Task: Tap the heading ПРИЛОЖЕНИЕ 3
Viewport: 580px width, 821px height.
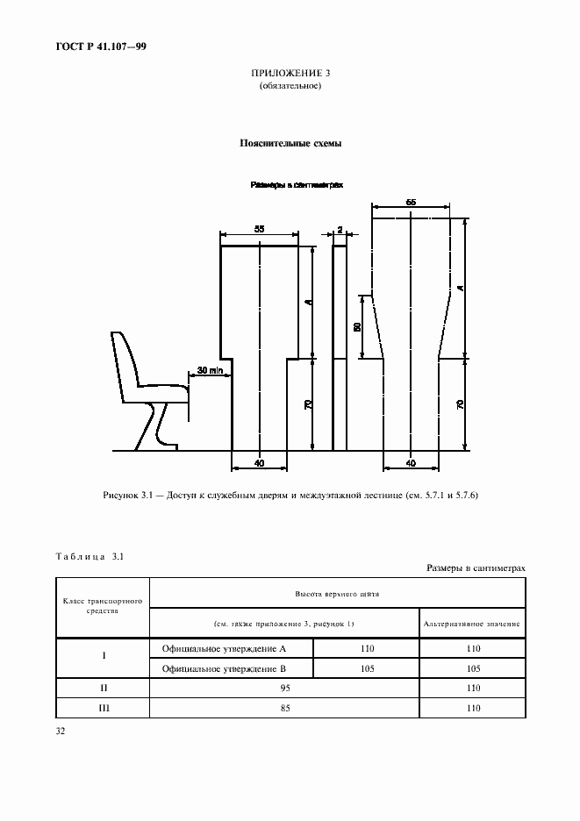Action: [290, 74]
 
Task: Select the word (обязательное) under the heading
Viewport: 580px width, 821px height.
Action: [290, 87]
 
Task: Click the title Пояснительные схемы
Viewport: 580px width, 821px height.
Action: [290, 142]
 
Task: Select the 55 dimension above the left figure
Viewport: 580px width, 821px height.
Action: [259, 229]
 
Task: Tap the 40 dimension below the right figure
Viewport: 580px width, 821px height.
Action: [412, 461]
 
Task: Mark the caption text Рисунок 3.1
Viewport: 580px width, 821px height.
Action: [128, 496]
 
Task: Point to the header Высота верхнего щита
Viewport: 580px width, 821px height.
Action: [337, 594]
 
